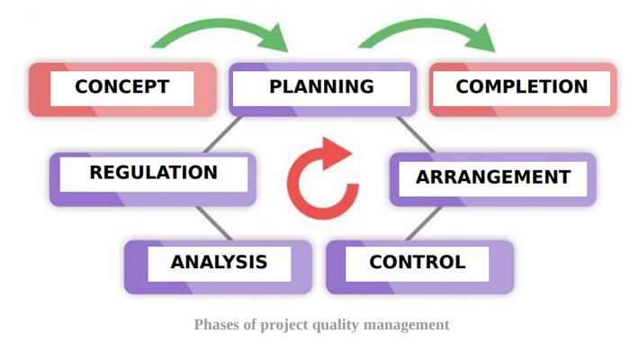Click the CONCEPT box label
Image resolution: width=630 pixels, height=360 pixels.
pyautogui.click(x=122, y=86)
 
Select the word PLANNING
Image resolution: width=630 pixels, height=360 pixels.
pyautogui.click(x=321, y=86)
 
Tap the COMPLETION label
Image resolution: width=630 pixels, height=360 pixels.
pyautogui.click(x=521, y=86)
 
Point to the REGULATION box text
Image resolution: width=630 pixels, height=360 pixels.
pyautogui.click(x=154, y=173)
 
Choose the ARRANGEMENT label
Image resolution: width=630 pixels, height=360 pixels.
pyautogui.click(x=493, y=177)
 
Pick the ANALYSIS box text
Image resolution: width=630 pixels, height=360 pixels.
pyautogui.click(x=219, y=263)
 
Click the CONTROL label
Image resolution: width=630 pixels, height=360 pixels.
pyautogui.click(x=418, y=263)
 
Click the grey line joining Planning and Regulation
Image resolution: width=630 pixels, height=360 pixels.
pyautogui.click(x=222, y=135)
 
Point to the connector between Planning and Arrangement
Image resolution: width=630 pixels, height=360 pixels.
pyautogui.click(x=415, y=135)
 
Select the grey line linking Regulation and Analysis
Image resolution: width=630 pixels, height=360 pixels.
pyautogui.click(x=214, y=224)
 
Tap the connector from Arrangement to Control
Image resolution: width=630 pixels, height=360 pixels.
pyautogui.click(x=424, y=224)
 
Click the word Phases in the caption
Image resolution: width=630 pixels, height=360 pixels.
pyautogui.click(x=217, y=324)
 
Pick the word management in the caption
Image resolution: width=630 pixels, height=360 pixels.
pyautogui.click(x=406, y=325)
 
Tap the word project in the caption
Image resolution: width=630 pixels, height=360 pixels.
pyautogui.click(x=284, y=325)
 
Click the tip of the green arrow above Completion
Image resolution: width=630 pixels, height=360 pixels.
pyautogui.click(x=494, y=51)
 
